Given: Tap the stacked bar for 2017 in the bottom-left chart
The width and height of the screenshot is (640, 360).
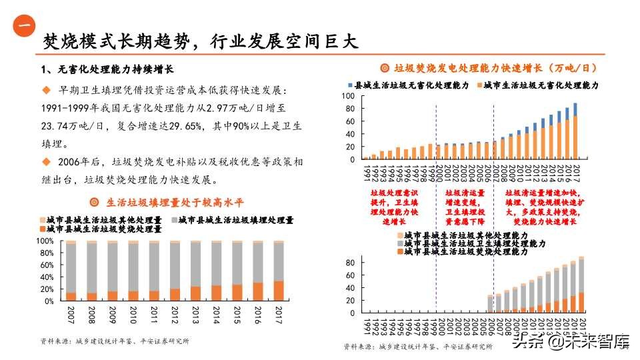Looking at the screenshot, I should (279, 271).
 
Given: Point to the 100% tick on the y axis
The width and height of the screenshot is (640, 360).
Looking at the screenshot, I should (45, 241).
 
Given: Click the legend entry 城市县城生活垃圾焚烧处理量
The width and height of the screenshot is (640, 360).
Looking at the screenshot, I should (100, 229).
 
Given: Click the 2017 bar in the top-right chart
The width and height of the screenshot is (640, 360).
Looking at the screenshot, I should (575, 131).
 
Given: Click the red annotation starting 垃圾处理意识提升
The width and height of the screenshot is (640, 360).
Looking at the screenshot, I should (394, 207).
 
